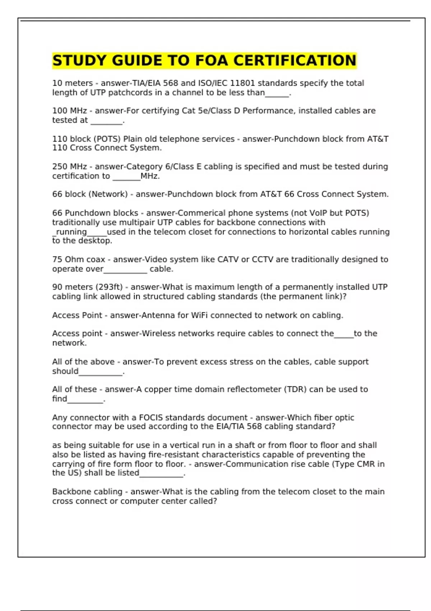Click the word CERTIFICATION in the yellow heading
(295, 60)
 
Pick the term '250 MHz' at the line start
(69, 166)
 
